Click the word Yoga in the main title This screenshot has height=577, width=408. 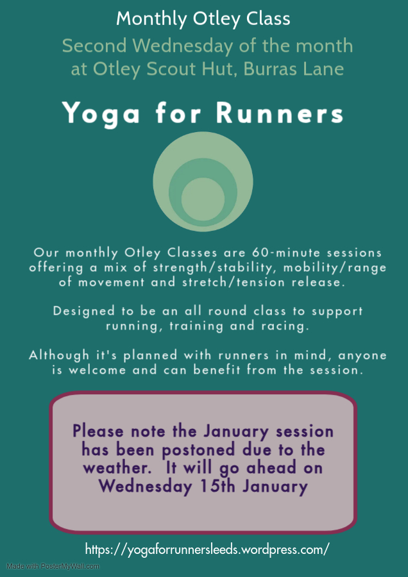click(x=101, y=113)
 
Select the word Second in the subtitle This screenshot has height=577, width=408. click(x=94, y=46)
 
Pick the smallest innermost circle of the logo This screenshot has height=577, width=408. click(x=203, y=199)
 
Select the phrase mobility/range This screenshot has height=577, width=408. click(x=335, y=268)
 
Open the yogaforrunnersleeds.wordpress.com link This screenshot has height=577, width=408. click(x=207, y=549)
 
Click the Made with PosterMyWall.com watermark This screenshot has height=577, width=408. click(x=53, y=566)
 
